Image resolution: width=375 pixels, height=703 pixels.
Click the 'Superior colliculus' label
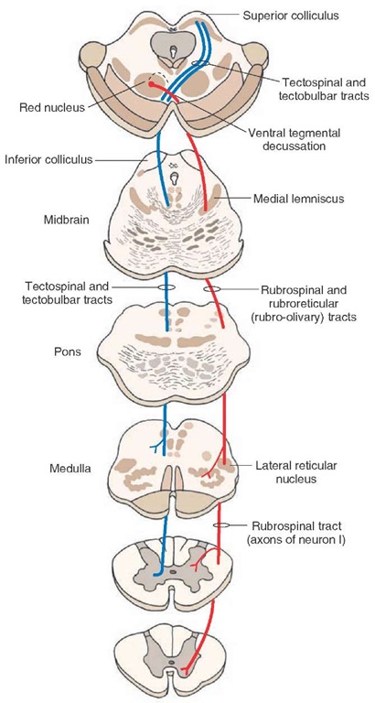point(290,16)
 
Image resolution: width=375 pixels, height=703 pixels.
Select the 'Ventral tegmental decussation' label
point(294,139)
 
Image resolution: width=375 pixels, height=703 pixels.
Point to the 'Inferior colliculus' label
point(48,159)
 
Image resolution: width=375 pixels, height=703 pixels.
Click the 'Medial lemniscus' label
point(299,198)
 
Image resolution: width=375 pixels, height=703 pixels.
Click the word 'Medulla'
point(70,469)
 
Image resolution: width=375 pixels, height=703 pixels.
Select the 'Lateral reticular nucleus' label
point(295,472)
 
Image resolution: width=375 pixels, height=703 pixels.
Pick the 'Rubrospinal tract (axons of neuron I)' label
point(295,533)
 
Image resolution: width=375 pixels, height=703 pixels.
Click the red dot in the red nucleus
point(152,84)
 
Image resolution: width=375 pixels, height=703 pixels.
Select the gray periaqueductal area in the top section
point(173,46)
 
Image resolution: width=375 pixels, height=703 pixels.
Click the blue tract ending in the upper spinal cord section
point(157,573)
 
